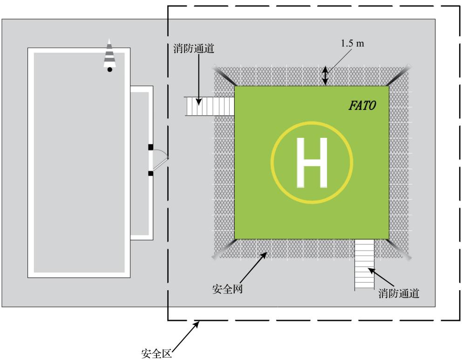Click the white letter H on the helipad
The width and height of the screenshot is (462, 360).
pos(312,163)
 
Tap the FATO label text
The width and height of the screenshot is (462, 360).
pos(362,105)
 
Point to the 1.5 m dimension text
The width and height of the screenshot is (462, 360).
pos(353,43)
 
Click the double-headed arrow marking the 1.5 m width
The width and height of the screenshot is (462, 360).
pos(325,76)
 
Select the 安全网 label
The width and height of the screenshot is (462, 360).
pos(227,289)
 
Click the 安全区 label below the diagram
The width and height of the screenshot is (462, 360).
pos(156,353)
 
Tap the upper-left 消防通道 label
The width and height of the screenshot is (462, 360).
pos(194,48)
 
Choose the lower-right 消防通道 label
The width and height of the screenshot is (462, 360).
pos(399,293)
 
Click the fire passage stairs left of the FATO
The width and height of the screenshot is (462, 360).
pos(210,106)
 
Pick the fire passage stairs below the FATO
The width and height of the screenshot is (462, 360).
pos(364,265)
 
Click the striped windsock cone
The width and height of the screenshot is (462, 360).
pos(109,53)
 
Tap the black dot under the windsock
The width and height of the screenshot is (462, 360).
pos(109,69)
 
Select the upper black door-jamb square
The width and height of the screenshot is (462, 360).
pos(150,147)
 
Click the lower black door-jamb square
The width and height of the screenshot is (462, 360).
pos(150,173)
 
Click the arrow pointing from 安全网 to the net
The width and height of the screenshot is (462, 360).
pos(253,268)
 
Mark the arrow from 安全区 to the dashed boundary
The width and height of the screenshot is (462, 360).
pos(185,336)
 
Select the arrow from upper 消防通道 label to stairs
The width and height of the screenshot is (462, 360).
pos(199,80)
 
